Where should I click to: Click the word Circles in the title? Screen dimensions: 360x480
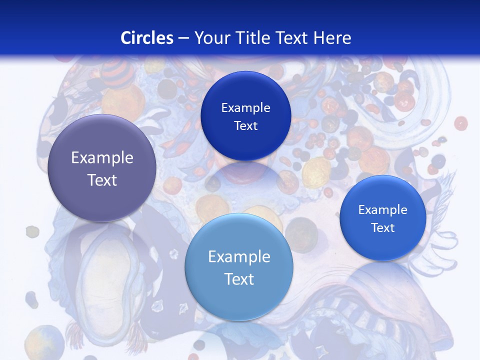coord(147,38)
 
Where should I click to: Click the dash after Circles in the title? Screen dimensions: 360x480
coord(183,38)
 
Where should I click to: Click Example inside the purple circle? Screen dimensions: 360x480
coord(102,158)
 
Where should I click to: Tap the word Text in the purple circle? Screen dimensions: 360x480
coord(102,180)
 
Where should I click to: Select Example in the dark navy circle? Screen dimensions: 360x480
coord(245,108)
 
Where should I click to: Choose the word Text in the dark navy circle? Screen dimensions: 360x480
coord(245,126)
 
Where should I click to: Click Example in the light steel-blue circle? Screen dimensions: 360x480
coord(239,257)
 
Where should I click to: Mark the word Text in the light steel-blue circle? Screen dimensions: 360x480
coord(239,279)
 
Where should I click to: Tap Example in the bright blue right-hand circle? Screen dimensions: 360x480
coord(382,210)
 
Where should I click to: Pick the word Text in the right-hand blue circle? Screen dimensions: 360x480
coord(382,228)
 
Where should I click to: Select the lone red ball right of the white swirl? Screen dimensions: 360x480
coord(460,123)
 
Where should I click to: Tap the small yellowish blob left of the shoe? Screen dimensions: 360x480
coord(32,231)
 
